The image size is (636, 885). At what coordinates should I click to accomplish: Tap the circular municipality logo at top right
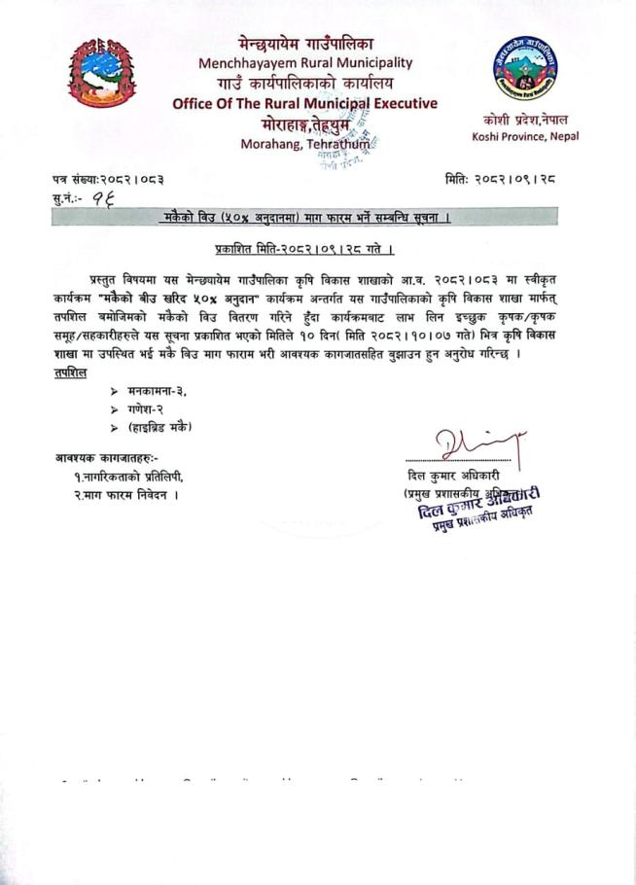click(x=524, y=70)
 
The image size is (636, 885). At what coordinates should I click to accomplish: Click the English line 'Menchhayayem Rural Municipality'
click(x=304, y=63)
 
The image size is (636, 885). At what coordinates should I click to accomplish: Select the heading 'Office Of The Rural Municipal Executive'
click(x=304, y=104)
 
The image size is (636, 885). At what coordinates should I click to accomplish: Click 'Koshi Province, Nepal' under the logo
click(x=525, y=136)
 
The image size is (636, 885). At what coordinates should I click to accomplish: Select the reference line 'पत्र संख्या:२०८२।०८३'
click(x=108, y=178)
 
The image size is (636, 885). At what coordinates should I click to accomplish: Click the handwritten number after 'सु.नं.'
click(x=101, y=198)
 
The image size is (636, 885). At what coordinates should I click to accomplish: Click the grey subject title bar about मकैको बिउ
click(x=303, y=219)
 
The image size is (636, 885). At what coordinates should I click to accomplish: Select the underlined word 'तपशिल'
click(x=71, y=372)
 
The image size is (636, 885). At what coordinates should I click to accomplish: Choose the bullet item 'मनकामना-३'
click(x=157, y=390)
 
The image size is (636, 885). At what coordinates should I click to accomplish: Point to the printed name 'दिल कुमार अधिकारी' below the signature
click(x=454, y=476)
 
